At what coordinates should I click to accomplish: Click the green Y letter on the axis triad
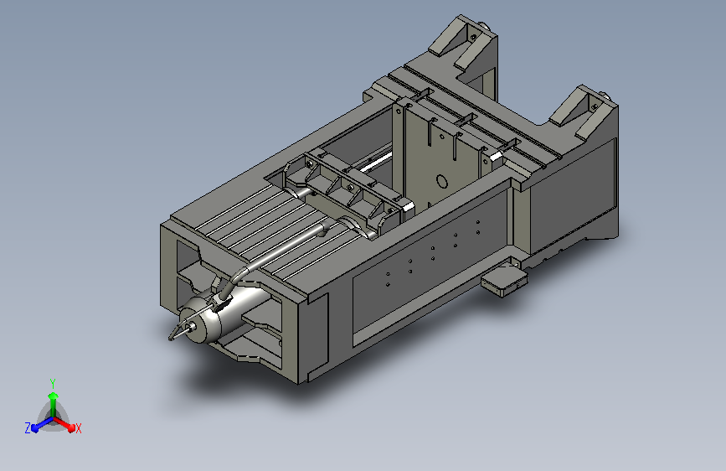coord(53,383)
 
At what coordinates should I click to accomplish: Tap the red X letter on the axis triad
coord(78,428)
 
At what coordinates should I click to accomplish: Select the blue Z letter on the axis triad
coord(28,428)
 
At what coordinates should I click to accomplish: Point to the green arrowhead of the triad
coord(54,396)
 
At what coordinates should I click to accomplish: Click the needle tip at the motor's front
coord(171,338)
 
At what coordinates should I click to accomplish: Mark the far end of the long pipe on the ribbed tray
coord(326,227)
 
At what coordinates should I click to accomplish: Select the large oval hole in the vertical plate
coord(442,182)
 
